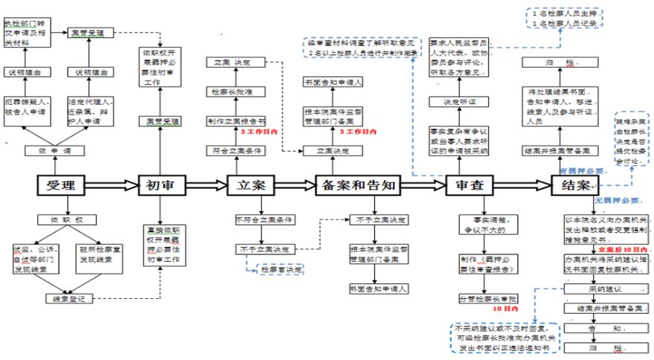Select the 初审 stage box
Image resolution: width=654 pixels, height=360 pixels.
tap(161, 186)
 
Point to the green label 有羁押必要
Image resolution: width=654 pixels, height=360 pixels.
tap(582, 170)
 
